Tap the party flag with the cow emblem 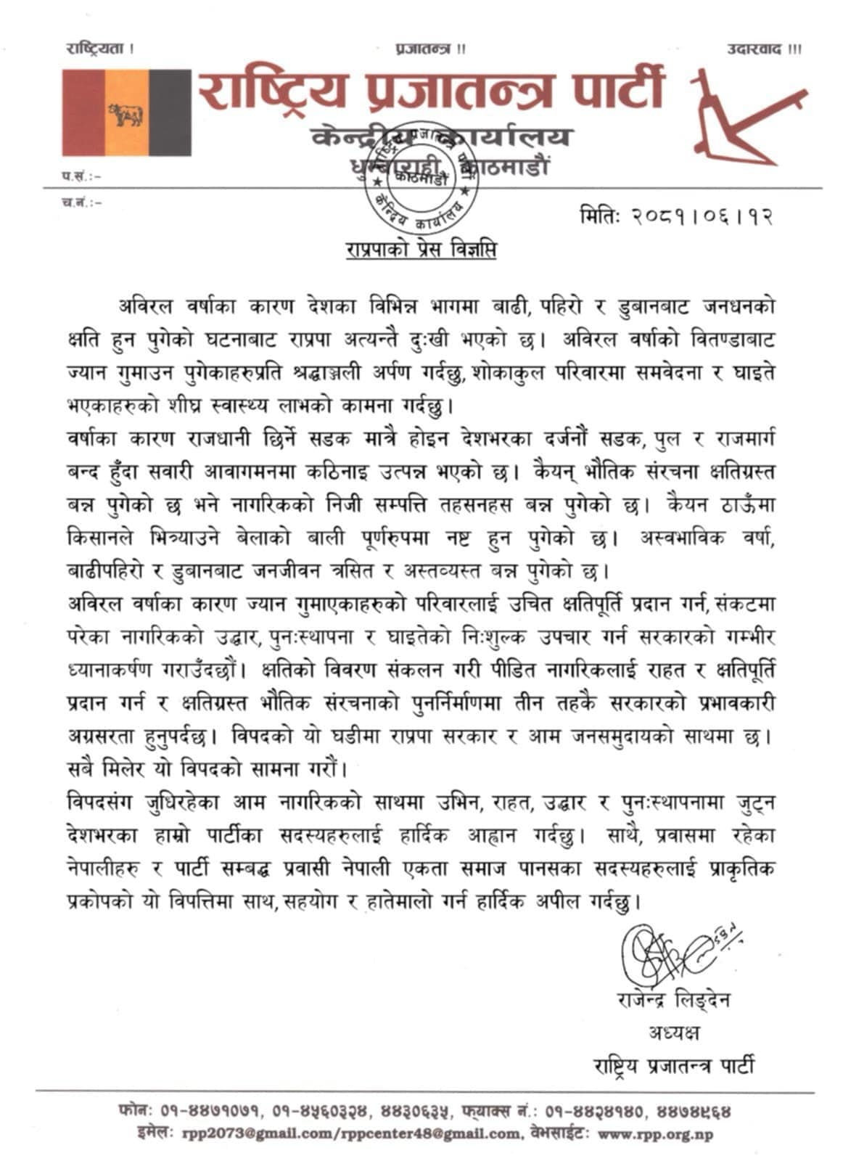coord(126,112)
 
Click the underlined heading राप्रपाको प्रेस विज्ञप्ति coord(421,250)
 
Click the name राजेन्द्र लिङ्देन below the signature coord(673,1001)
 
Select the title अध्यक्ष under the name coord(674,1033)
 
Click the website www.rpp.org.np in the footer coord(655,1134)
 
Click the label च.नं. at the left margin coord(80,202)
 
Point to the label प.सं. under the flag coord(80,176)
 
